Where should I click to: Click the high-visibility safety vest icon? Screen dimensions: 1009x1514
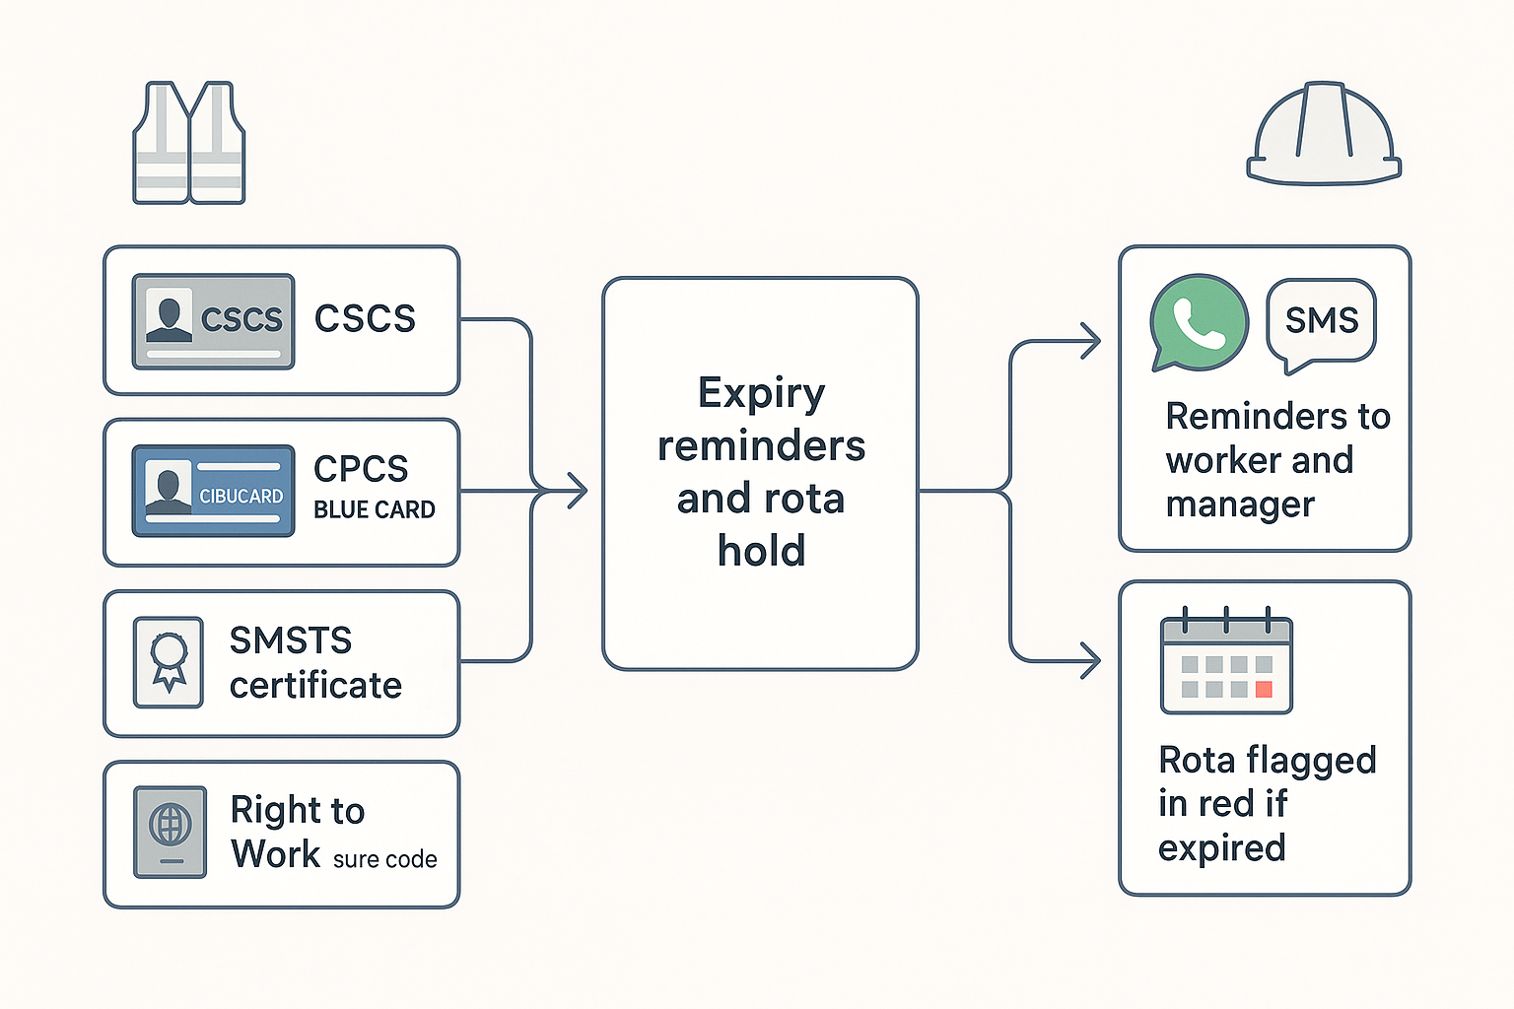[x=189, y=144]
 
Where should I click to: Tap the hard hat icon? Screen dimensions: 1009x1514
[x=1324, y=135]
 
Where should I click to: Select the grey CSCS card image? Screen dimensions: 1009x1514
[x=213, y=321]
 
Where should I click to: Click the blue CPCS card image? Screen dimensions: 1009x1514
[x=213, y=491]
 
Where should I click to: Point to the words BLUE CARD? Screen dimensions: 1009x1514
[x=374, y=509]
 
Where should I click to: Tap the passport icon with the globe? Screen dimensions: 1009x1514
[x=171, y=832]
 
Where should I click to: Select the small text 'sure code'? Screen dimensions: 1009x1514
[x=384, y=859]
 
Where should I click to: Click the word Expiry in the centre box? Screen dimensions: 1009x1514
[x=761, y=393]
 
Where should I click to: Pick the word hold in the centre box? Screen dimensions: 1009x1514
[x=761, y=551]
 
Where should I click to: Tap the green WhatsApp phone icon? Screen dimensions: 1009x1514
[x=1199, y=323]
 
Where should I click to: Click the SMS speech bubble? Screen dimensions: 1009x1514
[x=1321, y=322]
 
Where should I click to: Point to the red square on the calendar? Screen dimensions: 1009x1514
[x=1264, y=690]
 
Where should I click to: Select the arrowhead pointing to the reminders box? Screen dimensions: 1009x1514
[x=1090, y=341]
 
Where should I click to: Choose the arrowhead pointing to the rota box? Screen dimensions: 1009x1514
[x=1090, y=660]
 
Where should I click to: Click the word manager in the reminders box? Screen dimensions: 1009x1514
[x=1239, y=504]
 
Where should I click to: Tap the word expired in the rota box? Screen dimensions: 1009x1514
[x=1221, y=847]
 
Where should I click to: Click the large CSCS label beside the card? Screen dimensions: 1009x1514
[x=365, y=318]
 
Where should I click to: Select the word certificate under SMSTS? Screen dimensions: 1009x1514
[x=315, y=685]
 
